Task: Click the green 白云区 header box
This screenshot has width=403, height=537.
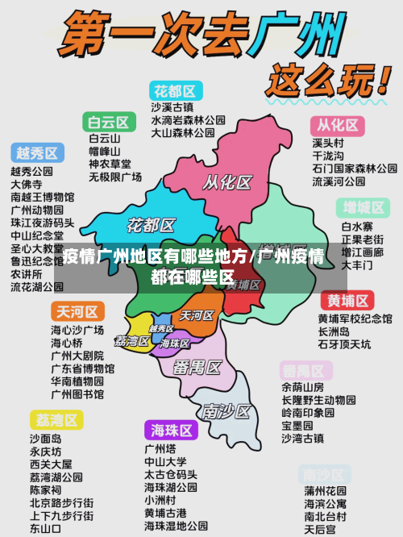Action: (x=109, y=123)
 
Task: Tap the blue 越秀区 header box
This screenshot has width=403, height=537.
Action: (x=37, y=153)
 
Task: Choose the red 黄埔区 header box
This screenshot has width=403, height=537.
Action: (x=348, y=302)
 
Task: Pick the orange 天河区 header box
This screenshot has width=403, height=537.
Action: (x=77, y=312)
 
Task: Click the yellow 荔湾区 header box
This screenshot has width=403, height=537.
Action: (x=56, y=420)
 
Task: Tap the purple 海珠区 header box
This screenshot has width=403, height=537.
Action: (x=172, y=430)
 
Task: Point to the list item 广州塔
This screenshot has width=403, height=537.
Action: (x=160, y=448)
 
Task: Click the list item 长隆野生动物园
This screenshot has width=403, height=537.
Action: (x=318, y=400)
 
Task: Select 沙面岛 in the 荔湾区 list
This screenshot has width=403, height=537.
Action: (x=45, y=439)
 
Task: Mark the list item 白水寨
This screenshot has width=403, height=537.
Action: (x=356, y=227)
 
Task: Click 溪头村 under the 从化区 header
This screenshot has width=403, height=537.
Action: (x=327, y=143)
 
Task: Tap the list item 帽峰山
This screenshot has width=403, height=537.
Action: (x=104, y=151)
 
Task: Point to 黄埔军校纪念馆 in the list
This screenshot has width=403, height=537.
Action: (x=355, y=318)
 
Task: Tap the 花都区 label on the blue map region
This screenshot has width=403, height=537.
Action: (x=152, y=224)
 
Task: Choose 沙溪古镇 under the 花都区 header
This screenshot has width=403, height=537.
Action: (x=172, y=107)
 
